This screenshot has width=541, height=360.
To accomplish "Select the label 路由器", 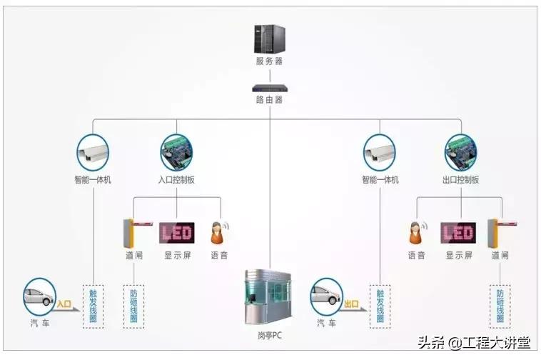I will (x=269, y=100).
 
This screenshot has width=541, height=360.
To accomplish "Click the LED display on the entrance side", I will (x=176, y=233).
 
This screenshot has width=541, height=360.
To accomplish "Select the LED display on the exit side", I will (x=458, y=233).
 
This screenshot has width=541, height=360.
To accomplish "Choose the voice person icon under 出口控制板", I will (x=416, y=232).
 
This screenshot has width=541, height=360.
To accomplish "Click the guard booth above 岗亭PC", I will (x=269, y=293).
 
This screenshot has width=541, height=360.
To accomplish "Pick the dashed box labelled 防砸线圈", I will (x=133, y=306).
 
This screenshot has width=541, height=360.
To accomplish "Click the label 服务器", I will (x=269, y=61).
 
